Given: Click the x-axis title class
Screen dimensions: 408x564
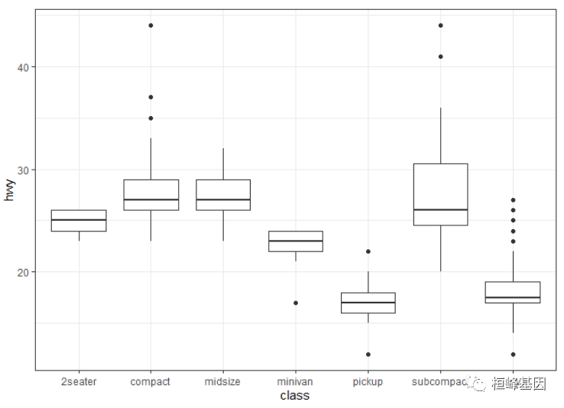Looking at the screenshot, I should tap(294, 395).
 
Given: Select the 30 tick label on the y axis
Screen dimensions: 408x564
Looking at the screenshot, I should tap(22, 170).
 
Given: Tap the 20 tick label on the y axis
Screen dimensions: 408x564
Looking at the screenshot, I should tap(22, 272).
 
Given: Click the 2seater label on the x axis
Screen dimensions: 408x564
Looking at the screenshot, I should tap(79, 381).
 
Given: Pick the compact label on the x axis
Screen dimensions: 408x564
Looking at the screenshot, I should tap(151, 381).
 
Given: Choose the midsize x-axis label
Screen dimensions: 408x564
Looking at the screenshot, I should tap(223, 381).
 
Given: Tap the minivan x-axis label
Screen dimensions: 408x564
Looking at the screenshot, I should tap(295, 381).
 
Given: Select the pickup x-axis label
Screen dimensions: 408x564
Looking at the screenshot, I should tap(368, 381).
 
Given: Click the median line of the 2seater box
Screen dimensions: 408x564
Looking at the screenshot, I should tap(79, 220).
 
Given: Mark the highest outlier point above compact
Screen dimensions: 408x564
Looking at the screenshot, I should tap(151, 25).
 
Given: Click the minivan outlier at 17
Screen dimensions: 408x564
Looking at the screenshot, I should tap(296, 303).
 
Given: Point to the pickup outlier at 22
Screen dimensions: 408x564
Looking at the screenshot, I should tap(368, 251).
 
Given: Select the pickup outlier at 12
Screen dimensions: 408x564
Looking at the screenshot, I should tap(368, 354).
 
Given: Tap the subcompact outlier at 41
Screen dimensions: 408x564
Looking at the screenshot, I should tap(440, 57).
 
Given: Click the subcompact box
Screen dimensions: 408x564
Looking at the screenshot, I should tap(440, 194).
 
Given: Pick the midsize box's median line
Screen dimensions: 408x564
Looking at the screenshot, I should tap(223, 199).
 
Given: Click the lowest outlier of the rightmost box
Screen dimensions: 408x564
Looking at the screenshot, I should tap(513, 354).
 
